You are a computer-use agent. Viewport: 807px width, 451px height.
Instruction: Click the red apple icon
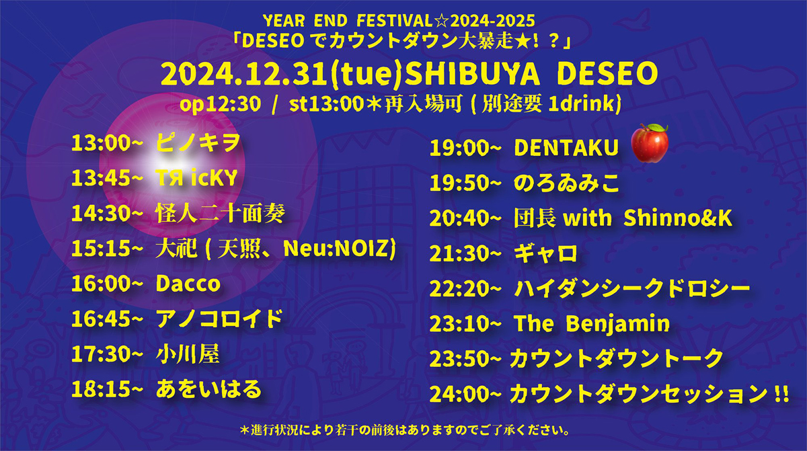[x=650, y=143]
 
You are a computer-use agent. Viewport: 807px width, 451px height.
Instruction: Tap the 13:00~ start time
[x=108, y=143]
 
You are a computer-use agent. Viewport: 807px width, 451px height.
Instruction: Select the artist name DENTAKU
[x=566, y=148]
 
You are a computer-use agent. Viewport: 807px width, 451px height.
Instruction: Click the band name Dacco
[x=188, y=284]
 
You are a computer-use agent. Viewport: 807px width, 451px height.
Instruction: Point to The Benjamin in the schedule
[x=592, y=323]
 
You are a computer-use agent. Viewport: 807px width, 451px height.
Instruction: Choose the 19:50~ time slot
[x=465, y=183]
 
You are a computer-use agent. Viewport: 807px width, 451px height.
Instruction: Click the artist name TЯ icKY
[x=196, y=177]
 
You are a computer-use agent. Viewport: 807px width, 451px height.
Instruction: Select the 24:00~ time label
[x=465, y=394]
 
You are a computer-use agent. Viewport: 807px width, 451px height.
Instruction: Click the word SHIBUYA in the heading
[x=472, y=74]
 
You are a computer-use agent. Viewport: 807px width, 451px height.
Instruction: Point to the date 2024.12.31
[x=245, y=74]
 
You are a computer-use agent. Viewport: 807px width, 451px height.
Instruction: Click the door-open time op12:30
[x=220, y=104]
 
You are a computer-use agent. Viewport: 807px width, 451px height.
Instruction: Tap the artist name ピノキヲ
[x=198, y=142]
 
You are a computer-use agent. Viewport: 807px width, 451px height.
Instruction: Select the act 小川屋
[x=188, y=354]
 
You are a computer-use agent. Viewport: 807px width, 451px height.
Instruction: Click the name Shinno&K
[x=678, y=218]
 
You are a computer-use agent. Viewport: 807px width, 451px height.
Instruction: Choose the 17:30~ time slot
[x=108, y=354]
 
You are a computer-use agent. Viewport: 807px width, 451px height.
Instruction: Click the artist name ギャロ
[x=545, y=253]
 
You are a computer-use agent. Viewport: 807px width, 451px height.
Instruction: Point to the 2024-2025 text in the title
[x=492, y=21]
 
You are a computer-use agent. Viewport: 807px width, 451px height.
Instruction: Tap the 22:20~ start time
[x=465, y=288]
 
